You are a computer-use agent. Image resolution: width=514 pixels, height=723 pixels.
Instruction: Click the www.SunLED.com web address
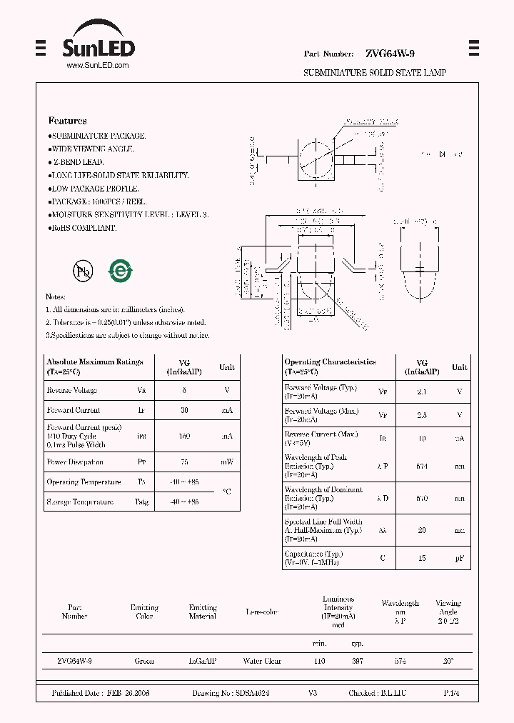[x=98, y=66]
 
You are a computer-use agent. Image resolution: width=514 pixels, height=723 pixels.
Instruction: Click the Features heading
[x=67, y=121]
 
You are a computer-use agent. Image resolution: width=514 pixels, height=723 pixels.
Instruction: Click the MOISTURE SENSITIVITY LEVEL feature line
[x=128, y=214]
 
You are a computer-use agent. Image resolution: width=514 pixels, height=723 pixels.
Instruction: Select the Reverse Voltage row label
[x=71, y=391]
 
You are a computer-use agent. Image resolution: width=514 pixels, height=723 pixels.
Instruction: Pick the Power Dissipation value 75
[x=184, y=462]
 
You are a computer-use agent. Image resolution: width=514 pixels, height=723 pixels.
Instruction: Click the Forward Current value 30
[x=184, y=411]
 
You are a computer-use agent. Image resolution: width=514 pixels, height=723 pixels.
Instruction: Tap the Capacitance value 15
[x=422, y=558]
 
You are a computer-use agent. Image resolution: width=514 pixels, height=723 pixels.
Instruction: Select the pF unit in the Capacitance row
[x=460, y=558]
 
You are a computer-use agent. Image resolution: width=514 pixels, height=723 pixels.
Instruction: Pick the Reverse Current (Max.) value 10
[x=422, y=438]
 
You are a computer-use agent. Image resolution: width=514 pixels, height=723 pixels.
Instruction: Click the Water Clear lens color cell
[x=262, y=662]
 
